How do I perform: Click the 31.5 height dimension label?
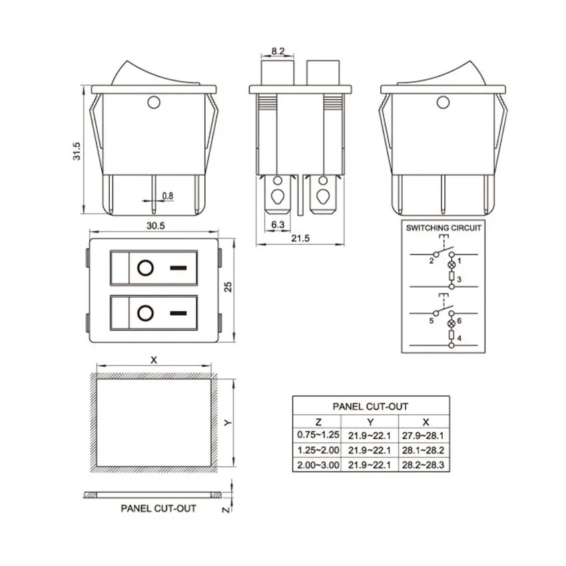click(77, 151)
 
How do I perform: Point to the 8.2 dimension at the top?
click(278, 51)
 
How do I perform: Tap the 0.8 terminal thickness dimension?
click(168, 196)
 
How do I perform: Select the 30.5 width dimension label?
click(156, 226)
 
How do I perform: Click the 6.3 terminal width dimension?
click(278, 224)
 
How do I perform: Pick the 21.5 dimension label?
click(300, 238)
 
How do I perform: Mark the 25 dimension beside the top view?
click(228, 287)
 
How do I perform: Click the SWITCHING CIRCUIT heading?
click(443, 228)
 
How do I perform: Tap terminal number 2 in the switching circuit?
click(431, 260)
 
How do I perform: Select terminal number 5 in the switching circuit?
click(431, 320)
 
